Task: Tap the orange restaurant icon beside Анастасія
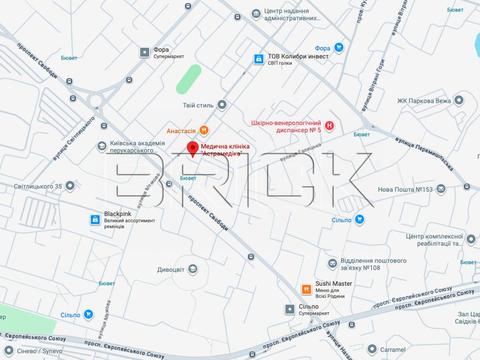point(204,127)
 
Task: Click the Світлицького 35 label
point(37,186)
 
